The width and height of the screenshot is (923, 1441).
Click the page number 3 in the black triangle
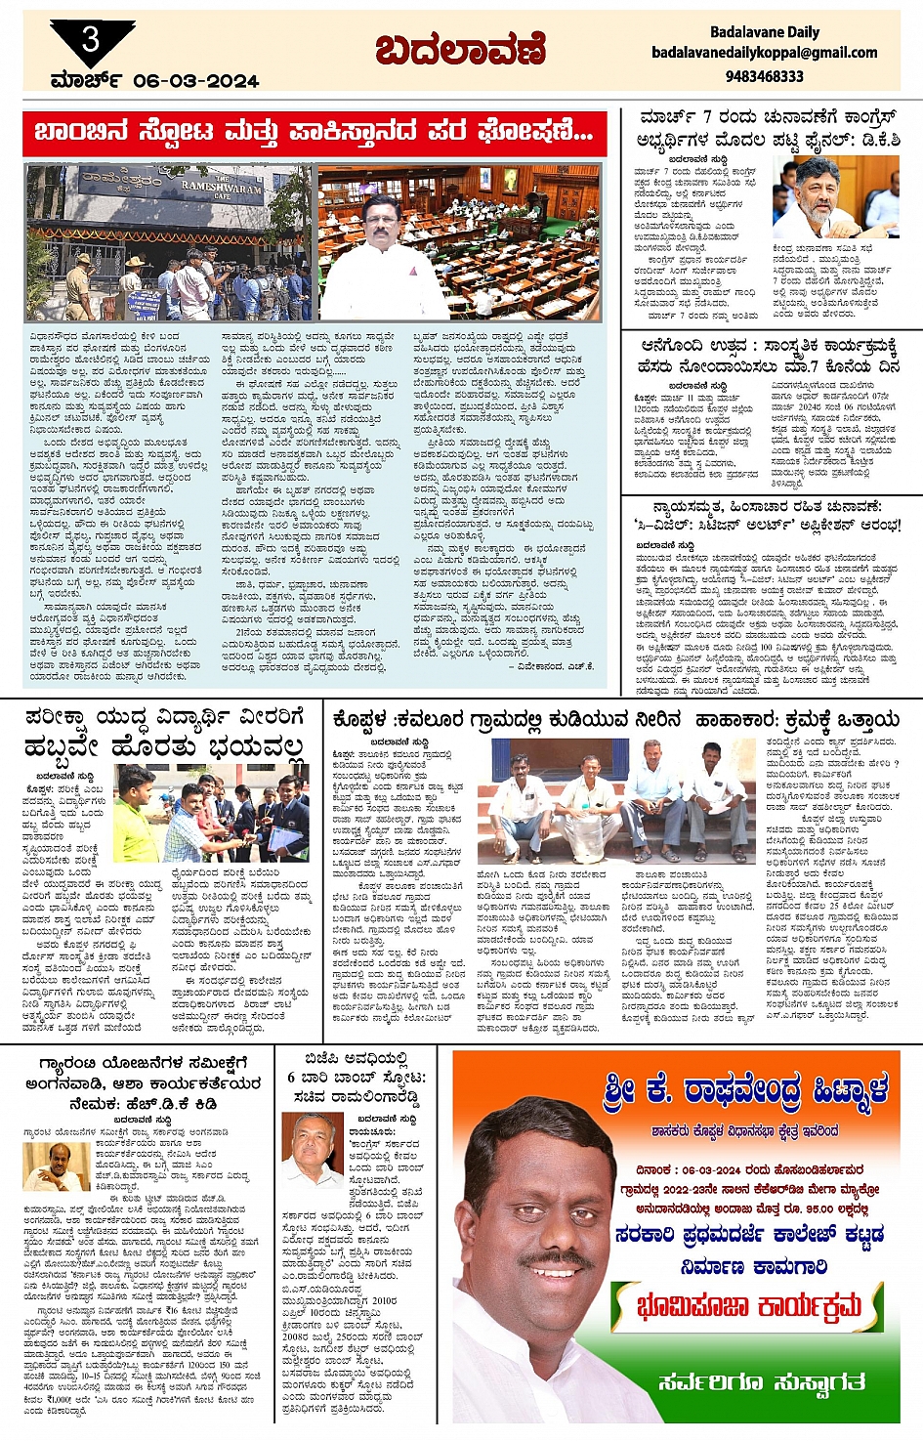coord(91,39)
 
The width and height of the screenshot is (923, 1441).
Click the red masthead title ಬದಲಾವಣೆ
coord(460,49)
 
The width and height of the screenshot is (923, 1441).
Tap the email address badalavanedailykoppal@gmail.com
coord(764,53)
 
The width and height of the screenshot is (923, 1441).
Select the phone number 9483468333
coord(765,75)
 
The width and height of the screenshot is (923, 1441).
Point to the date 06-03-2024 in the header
coord(195,81)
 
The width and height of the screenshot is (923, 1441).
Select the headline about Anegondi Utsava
coord(769,356)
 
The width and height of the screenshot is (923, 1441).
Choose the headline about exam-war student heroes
coord(164,733)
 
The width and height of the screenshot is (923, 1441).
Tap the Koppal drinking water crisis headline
coord(615,721)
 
